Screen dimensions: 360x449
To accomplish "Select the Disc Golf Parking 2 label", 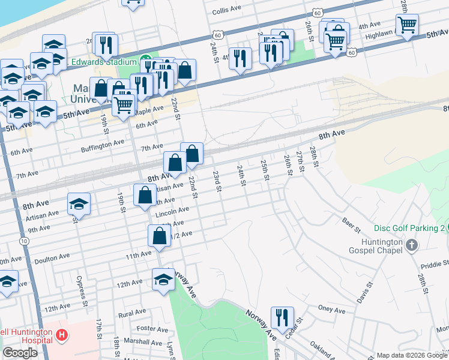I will pos(409,228).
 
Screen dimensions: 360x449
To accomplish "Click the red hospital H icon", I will pos(61,335).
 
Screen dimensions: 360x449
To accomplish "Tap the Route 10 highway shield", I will pos(23,241).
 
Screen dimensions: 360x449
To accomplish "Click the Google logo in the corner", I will pos(20,353).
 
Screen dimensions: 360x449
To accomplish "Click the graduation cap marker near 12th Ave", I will pos(163,280).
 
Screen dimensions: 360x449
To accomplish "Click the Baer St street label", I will pos(351,225).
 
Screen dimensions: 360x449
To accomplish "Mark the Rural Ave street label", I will pos(133,313).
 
